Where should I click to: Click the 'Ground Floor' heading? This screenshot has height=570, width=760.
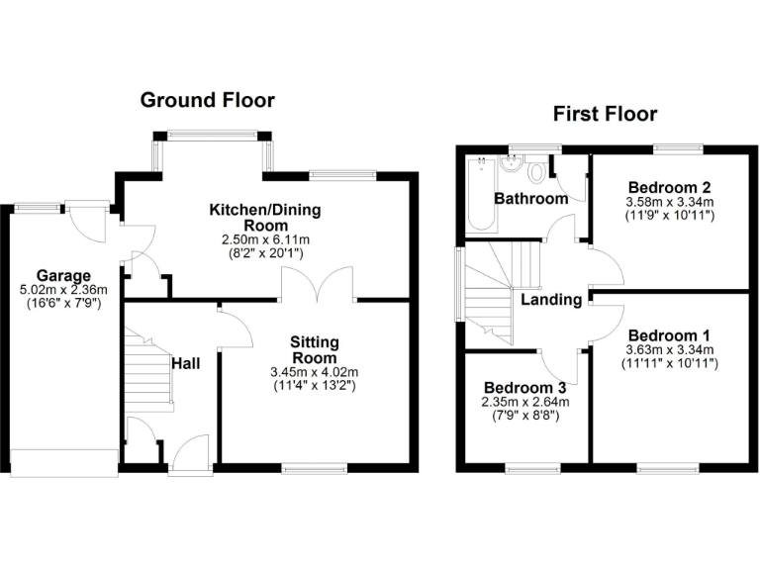[x=207, y=100]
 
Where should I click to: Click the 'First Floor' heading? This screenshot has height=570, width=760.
[x=605, y=114]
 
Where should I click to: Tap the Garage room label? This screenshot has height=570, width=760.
[x=63, y=275]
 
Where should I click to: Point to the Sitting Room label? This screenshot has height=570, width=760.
[x=314, y=349]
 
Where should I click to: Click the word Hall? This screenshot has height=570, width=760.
[x=185, y=364]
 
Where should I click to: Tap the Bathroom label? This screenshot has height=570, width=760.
[x=531, y=198]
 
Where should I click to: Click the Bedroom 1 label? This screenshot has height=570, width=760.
[x=670, y=333]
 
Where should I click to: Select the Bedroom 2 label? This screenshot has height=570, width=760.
[x=670, y=187]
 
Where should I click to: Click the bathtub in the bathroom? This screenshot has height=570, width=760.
[x=481, y=193]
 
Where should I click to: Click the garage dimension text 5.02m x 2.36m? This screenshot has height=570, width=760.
[x=63, y=291]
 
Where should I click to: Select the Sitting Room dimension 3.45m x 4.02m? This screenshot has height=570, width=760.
[x=314, y=374]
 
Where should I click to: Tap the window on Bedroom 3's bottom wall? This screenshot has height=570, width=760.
[x=532, y=467]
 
